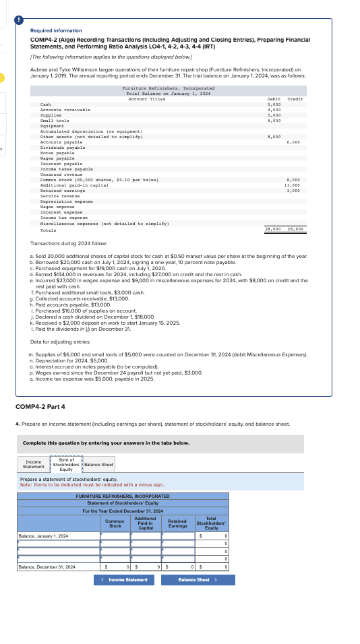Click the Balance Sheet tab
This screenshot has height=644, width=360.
click(x=99, y=465)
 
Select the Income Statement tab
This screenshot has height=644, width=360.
click(x=33, y=465)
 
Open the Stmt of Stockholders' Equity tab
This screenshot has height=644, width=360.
click(x=66, y=464)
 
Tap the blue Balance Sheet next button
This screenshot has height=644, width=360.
click(x=198, y=579)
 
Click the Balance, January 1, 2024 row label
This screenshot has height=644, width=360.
click(x=42, y=536)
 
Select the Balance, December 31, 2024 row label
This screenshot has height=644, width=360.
click(x=46, y=567)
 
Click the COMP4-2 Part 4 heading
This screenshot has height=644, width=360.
click(x=40, y=406)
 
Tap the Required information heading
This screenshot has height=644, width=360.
click(x=56, y=31)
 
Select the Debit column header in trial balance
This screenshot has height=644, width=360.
click(x=274, y=99)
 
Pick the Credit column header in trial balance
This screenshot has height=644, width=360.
click(x=295, y=99)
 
